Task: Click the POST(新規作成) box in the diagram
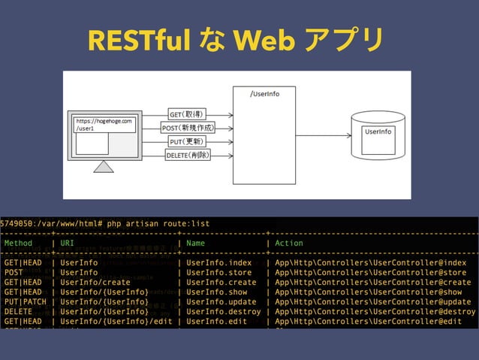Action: pos(188,128)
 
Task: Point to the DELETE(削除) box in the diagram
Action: pos(188,155)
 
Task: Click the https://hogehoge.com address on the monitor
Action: pos(104,120)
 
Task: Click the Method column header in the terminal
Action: pos(19,244)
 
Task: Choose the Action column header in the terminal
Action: pos(289,244)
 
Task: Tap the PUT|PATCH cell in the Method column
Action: pos(26,301)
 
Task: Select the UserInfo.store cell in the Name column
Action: pos(219,273)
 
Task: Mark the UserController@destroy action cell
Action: pos(375,311)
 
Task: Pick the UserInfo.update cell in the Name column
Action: pos(221,301)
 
